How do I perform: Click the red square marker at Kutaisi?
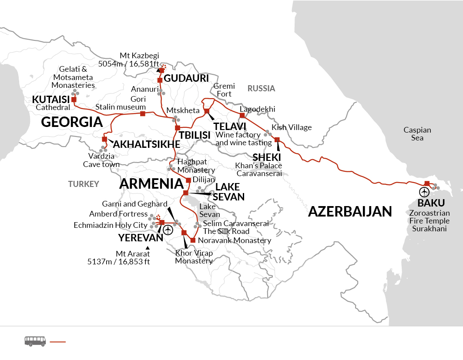[74, 100]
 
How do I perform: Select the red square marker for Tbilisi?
[178, 128]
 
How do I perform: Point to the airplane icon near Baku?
[424, 192]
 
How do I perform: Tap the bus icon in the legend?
[35, 341]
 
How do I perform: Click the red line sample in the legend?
[58, 342]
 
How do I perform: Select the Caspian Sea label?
[417, 134]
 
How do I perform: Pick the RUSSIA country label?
[261, 89]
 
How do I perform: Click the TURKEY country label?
[84, 184]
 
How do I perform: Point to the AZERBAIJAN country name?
[350, 212]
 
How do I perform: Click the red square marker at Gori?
[143, 114]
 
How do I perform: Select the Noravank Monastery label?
[234, 240]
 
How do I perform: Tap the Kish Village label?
[292, 127]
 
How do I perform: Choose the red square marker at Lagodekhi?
[242, 116]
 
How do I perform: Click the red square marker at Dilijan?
[188, 180]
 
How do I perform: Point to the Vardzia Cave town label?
[101, 160]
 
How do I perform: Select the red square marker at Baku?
[427, 183]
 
